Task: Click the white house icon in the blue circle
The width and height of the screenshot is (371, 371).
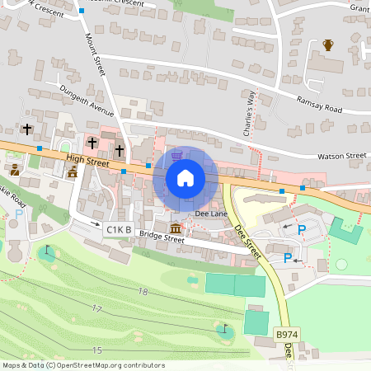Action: point(185,178)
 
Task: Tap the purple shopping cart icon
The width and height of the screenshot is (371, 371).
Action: point(176,155)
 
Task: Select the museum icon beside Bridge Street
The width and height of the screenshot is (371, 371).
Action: point(176,228)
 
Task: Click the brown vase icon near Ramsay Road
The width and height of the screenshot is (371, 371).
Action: point(328,45)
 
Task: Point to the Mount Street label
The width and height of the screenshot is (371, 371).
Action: point(96,55)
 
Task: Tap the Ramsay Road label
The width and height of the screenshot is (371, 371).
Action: point(319,103)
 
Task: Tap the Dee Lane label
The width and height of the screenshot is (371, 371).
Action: point(209,214)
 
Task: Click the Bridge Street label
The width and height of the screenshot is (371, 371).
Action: point(162,238)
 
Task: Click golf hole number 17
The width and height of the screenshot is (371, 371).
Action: point(96,309)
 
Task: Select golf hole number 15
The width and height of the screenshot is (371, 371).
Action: point(96,350)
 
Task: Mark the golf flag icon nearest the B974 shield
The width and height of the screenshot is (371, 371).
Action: point(226,328)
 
